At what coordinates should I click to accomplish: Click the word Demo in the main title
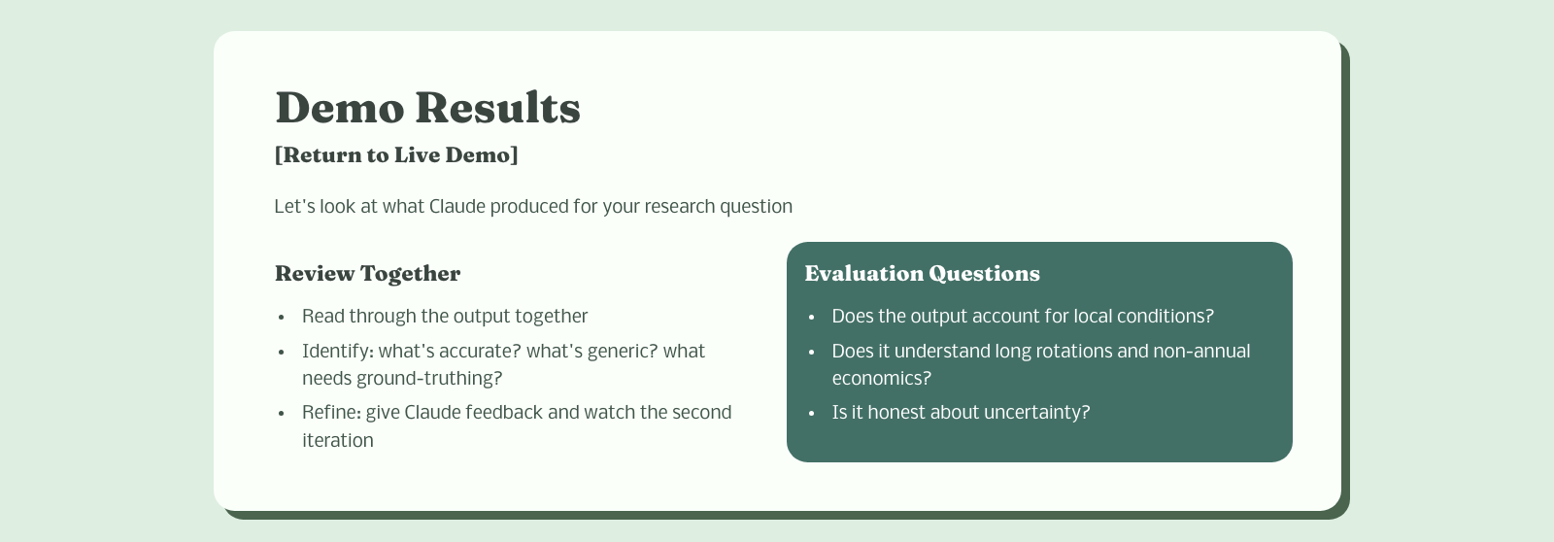tap(339, 108)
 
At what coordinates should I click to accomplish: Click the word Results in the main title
tap(498, 108)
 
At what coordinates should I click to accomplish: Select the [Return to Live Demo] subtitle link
tap(396, 154)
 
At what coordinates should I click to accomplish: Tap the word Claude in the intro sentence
tap(457, 207)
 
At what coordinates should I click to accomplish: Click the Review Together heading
tap(368, 274)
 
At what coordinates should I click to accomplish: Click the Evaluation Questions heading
tap(922, 274)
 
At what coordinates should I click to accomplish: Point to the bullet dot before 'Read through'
tap(281, 318)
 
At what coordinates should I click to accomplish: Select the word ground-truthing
tap(428, 379)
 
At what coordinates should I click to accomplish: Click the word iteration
tap(338, 441)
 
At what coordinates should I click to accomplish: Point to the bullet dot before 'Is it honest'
tap(811, 415)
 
